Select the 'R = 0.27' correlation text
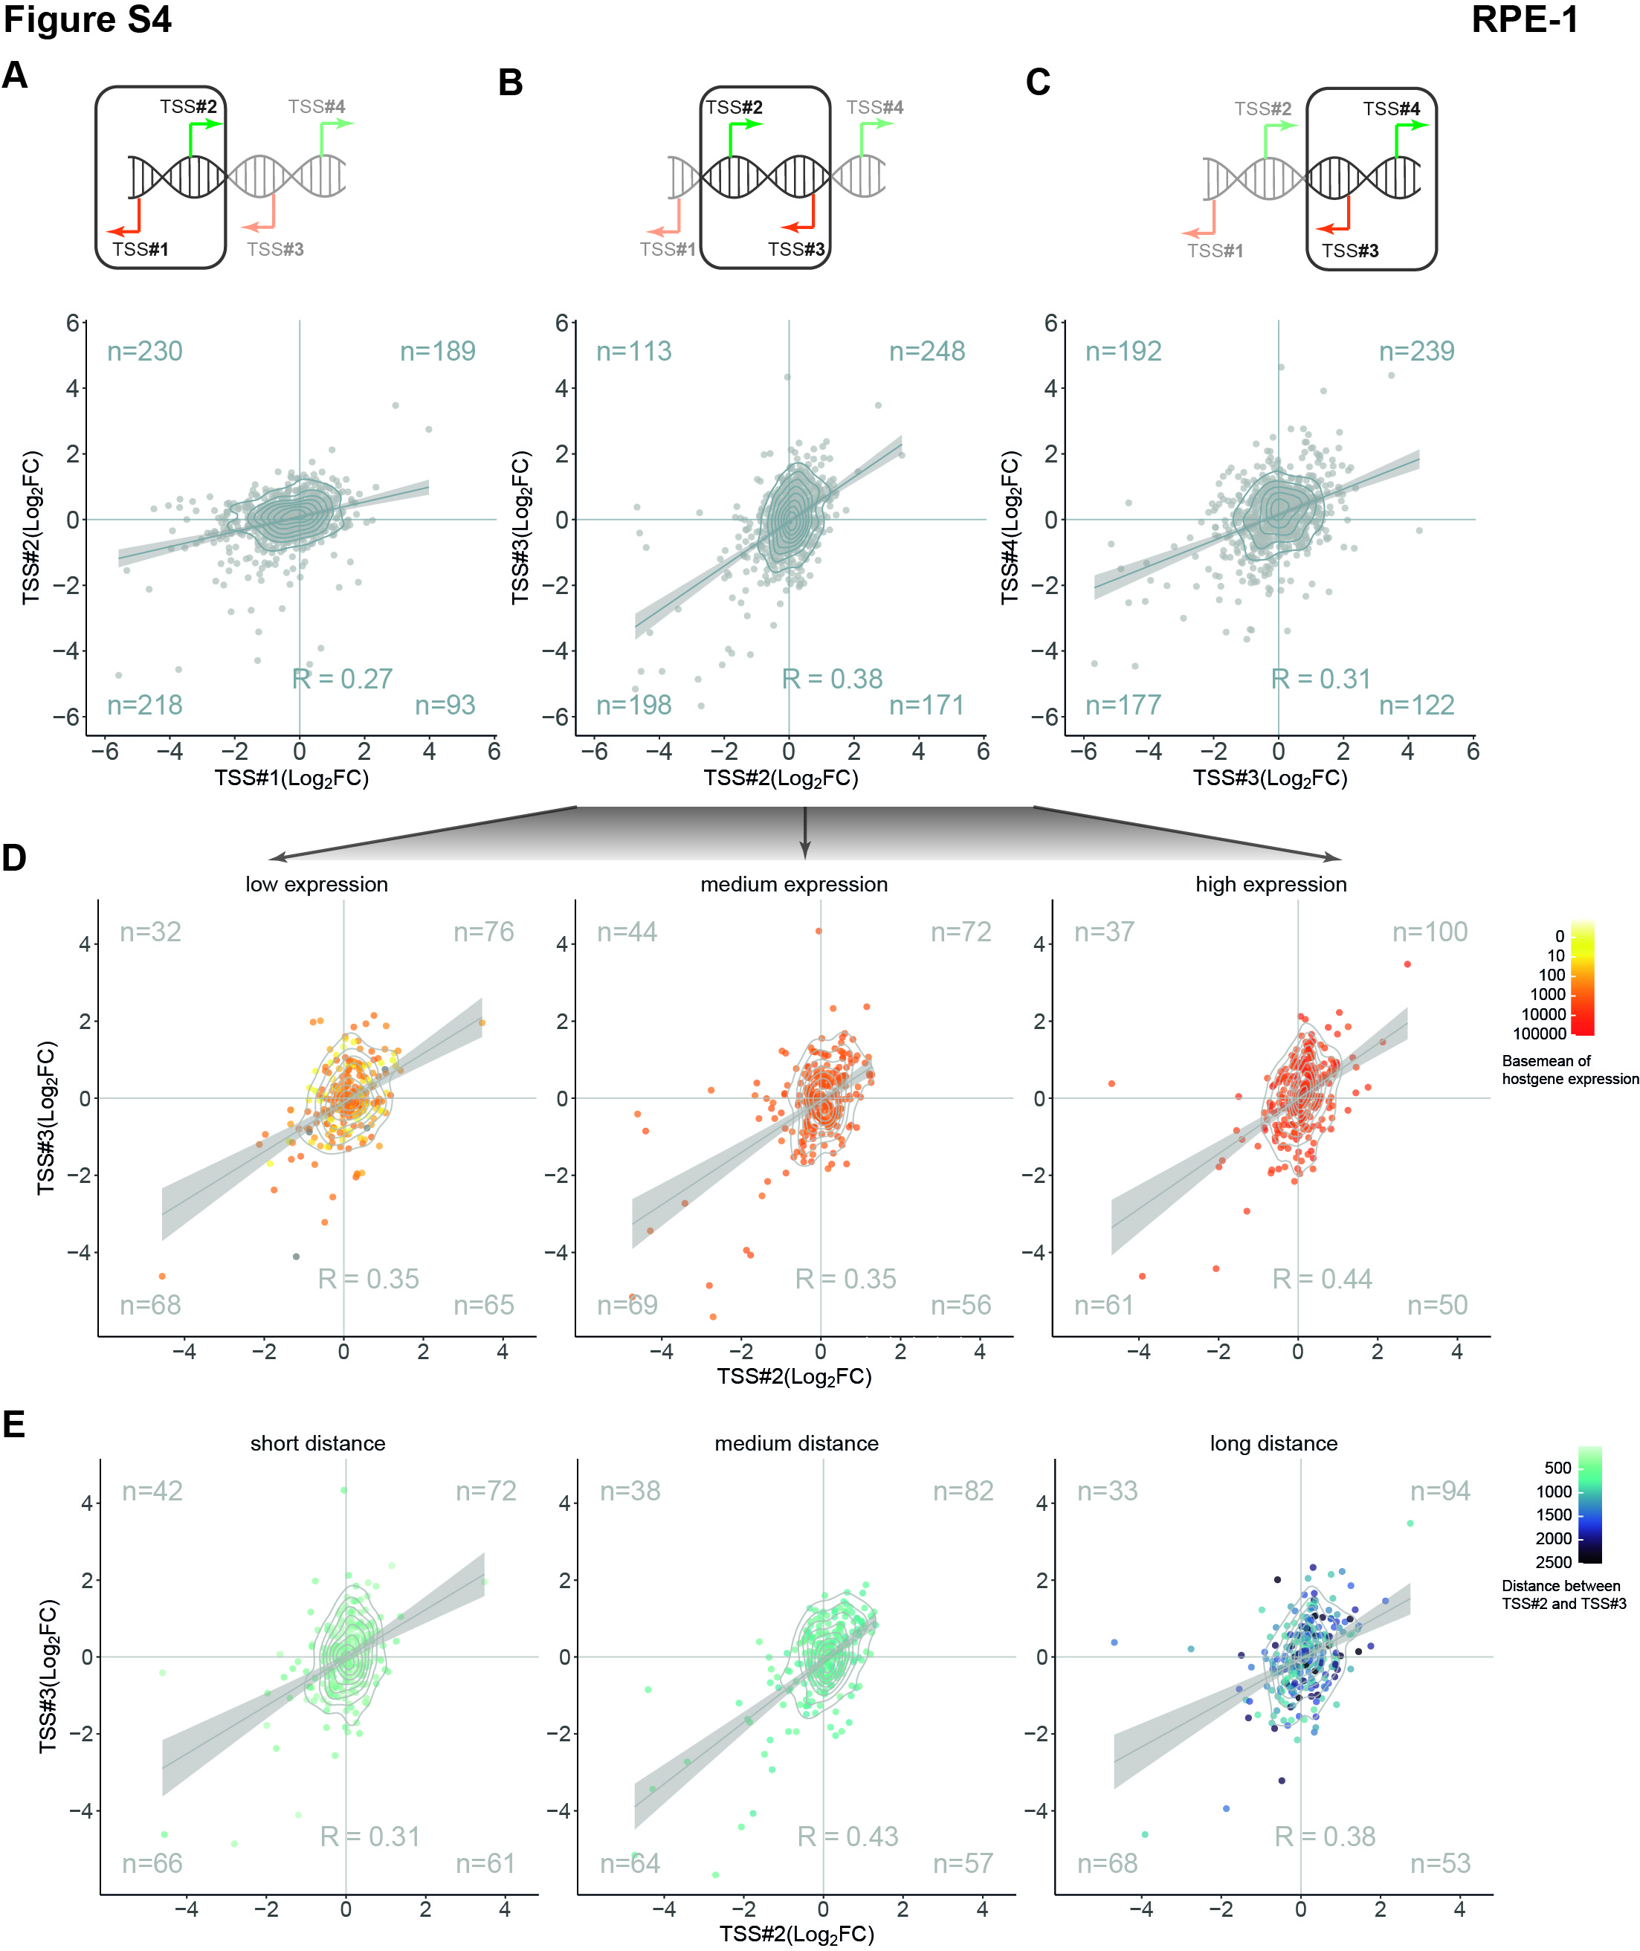click(342, 679)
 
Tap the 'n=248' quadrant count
click(927, 352)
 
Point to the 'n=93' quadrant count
click(445, 705)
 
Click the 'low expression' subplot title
click(317, 884)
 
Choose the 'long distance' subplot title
click(1273, 1443)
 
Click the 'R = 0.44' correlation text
click(1322, 1279)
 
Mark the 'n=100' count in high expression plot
click(1430, 932)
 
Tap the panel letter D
click(14, 857)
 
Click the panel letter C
click(1038, 83)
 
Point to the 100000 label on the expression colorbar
click(1540, 1033)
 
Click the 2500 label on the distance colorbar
click(1554, 1562)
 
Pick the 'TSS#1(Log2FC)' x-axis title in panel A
click(292, 778)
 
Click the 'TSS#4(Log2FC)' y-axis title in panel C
click(1010, 528)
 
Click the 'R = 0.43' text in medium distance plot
click(848, 1836)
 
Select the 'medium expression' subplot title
click(794, 884)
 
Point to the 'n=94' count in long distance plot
click(1440, 1492)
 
